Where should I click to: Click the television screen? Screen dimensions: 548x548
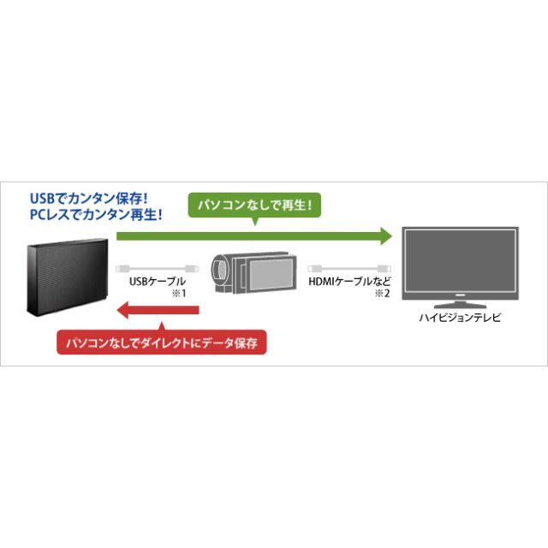pyautogui.click(x=460, y=262)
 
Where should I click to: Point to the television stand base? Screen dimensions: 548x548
pyautogui.click(x=460, y=305)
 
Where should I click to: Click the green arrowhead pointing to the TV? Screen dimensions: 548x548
pyautogui.click(x=386, y=236)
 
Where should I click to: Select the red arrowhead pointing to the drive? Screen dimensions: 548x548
pyautogui.click(x=123, y=309)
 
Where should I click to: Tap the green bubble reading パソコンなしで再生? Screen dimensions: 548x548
pyautogui.click(x=254, y=205)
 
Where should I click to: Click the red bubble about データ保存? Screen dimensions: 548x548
pyautogui.click(x=162, y=342)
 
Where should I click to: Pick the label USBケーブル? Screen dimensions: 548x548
pyautogui.click(x=158, y=282)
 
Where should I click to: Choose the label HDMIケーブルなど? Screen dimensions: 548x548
pyautogui.click(x=349, y=282)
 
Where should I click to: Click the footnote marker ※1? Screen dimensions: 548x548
pyautogui.click(x=179, y=293)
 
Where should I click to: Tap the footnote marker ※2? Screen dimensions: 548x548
pyautogui.click(x=383, y=293)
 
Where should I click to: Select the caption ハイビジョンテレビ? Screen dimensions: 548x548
pyautogui.click(x=460, y=318)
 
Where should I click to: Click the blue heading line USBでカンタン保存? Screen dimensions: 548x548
pyautogui.click(x=88, y=199)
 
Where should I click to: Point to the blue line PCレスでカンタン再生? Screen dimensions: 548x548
pyautogui.click(x=96, y=215)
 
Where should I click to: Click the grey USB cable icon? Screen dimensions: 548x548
pyautogui.click(x=158, y=268)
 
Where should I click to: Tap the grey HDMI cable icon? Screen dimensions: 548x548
pyautogui.click(x=349, y=268)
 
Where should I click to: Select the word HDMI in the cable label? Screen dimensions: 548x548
pyautogui.click(x=322, y=282)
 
